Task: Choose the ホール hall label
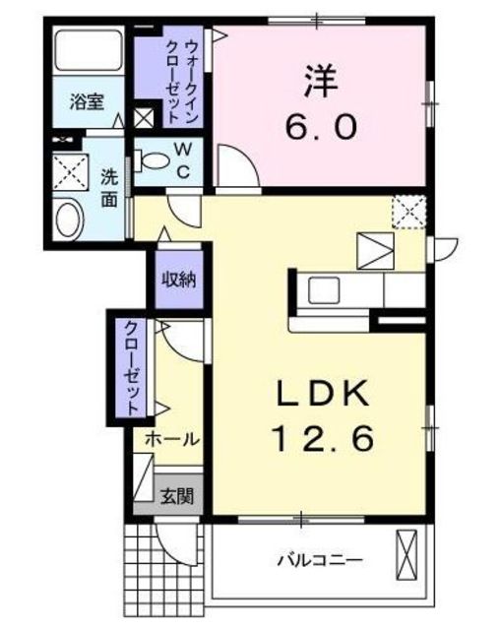coord(172,438)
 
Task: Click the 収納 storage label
coord(178,279)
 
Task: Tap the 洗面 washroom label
coord(110,188)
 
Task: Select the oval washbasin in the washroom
coord(70,219)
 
